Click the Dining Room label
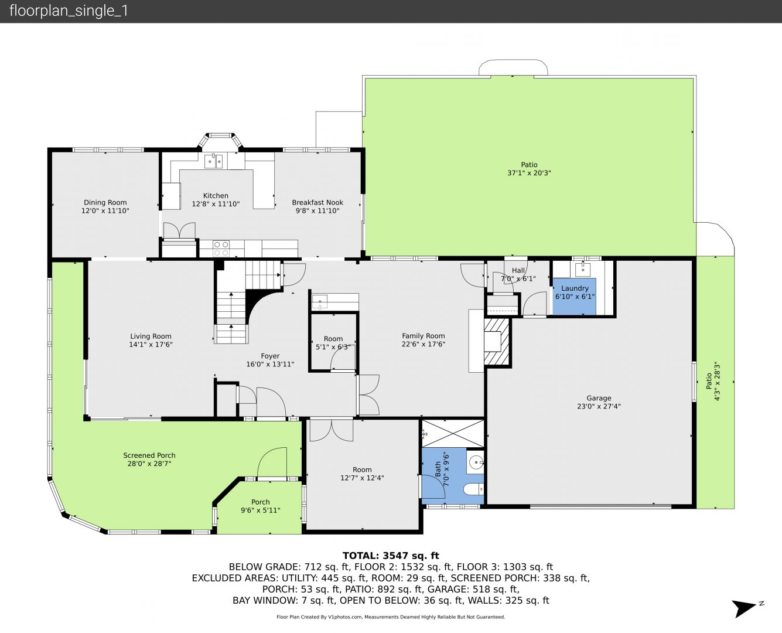tap(105, 202)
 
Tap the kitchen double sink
tap(213, 161)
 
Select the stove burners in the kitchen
tap(221, 249)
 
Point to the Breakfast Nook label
tap(317, 202)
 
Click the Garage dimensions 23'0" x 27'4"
tap(599, 406)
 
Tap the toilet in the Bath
tap(474, 489)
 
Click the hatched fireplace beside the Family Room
tap(497, 342)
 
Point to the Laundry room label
tap(575, 288)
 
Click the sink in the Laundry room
tap(583, 269)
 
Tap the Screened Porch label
tap(149, 455)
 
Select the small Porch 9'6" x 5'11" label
tap(260, 506)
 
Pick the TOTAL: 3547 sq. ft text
tap(391, 556)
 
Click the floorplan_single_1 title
tap(69, 11)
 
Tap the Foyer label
tap(270, 356)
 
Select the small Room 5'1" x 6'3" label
tap(333, 343)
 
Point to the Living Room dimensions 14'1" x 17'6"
tap(151, 344)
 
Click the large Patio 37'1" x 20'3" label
tap(529, 169)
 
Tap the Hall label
tap(518, 270)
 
